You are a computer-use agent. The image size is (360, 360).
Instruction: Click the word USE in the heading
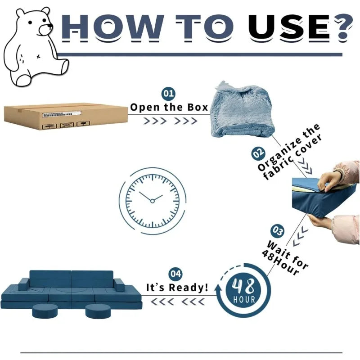pyautogui.click(x=290, y=27)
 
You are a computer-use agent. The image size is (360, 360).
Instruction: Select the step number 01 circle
pyautogui.click(x=168, y=94)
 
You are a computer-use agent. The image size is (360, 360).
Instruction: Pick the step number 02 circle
pyautogui.click(x=258, y=153)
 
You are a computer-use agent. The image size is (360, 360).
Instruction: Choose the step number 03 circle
pyautogui.click(x=277, y=231)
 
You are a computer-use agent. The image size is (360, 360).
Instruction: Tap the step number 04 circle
pyautogui.click(x=175, y=274)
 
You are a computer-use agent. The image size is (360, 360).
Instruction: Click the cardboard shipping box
pyautogui.click(x=66, y=117)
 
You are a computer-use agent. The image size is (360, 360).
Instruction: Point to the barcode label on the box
pyautogui.click(x=62, y=114)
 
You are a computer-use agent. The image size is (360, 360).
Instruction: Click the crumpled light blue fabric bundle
pyautogui.click(x=241, y=110)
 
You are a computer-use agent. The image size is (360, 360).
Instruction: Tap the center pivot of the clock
pyautogui.click(x=153, y=201)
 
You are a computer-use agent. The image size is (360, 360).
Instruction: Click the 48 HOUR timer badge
pyautogui.click(x=244, y=290)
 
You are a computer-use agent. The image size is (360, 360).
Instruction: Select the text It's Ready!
pyautogui.click(x=177, y=287)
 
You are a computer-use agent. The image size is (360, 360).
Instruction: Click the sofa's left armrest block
pyautogui.click(x=24, y=284)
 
